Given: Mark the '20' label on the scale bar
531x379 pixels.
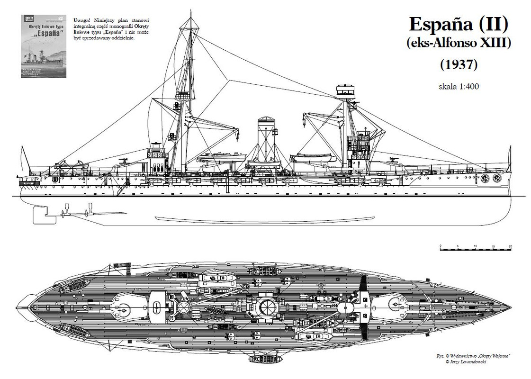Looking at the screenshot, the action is click(510, 246).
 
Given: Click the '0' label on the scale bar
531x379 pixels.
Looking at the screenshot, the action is click(440, 246).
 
